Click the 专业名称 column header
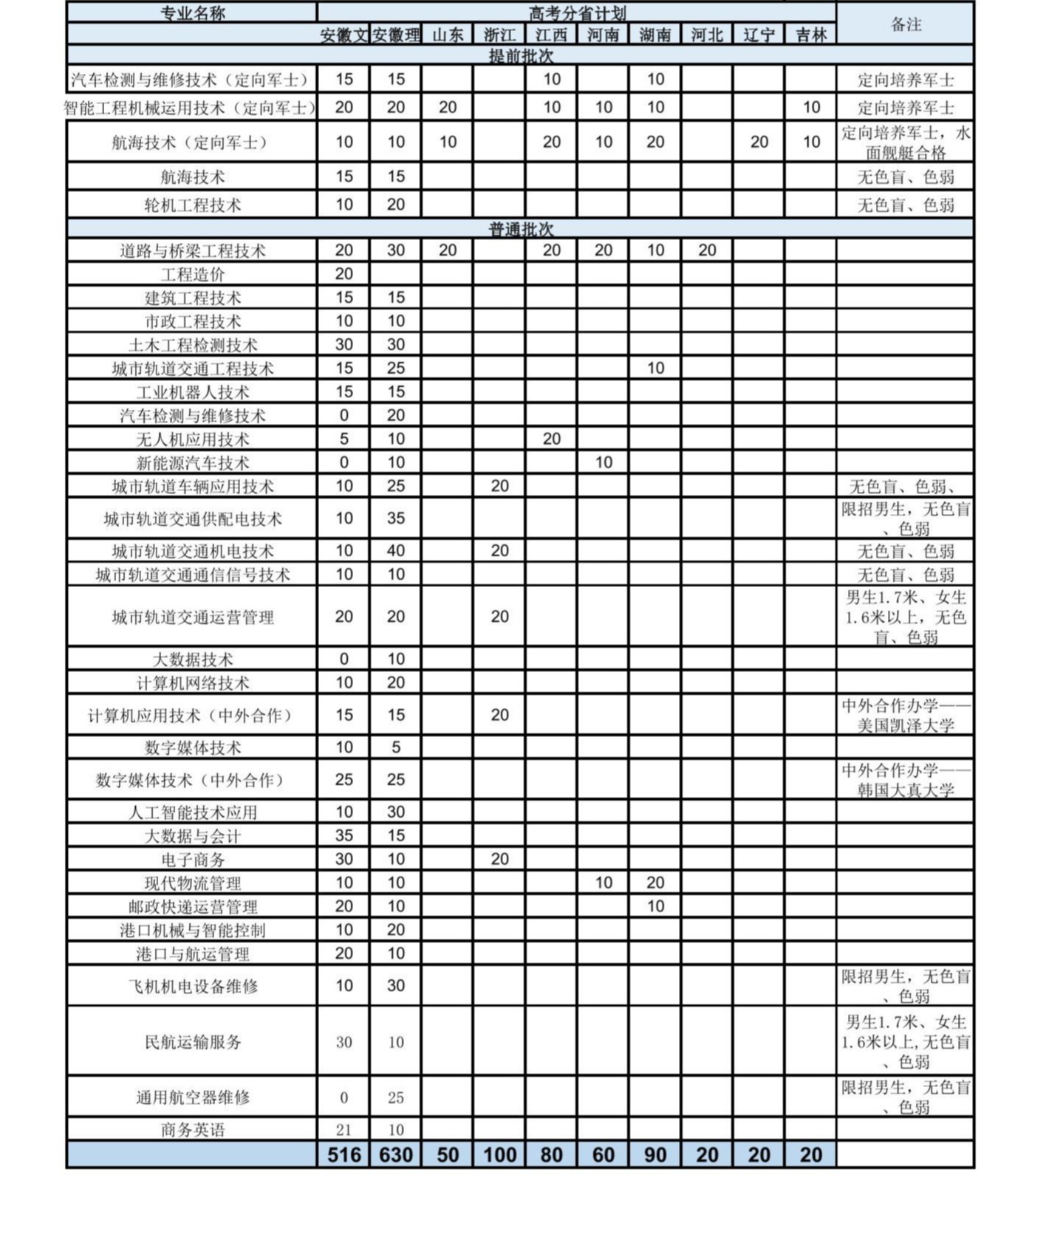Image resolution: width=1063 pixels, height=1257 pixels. [192, 13]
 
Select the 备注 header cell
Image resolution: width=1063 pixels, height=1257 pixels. [906, 24]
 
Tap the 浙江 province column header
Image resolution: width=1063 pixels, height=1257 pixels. [499, 35]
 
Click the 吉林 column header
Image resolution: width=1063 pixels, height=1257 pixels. [810, 35]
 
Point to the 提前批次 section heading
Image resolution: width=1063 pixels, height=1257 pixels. [521, 56]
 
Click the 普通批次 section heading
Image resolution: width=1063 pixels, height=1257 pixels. [521, 229]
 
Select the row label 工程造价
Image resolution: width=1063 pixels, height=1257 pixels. [192, 275]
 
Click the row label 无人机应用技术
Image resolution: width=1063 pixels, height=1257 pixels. [192, 439]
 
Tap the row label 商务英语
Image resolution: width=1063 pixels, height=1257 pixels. [192, 1129]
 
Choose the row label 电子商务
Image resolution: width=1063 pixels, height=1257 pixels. [192, 860]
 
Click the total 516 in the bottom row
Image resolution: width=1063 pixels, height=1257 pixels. [344, 1154]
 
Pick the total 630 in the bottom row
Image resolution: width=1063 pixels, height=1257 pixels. [396, 1154]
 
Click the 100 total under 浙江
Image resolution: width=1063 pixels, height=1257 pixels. [499, 1154]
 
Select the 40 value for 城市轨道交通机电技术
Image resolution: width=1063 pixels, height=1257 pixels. [396, 551]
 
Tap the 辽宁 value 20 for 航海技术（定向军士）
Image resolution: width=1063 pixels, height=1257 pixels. [759, 142]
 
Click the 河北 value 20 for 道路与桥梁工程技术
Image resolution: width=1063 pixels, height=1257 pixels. [707, 250]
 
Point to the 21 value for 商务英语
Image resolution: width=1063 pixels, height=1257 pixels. [344, 1129]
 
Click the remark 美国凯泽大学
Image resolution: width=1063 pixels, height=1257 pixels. [906, 725]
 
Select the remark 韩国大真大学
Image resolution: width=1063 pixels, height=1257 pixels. [906, 790]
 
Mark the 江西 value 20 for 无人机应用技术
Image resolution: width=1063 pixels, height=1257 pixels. [552, 439]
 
